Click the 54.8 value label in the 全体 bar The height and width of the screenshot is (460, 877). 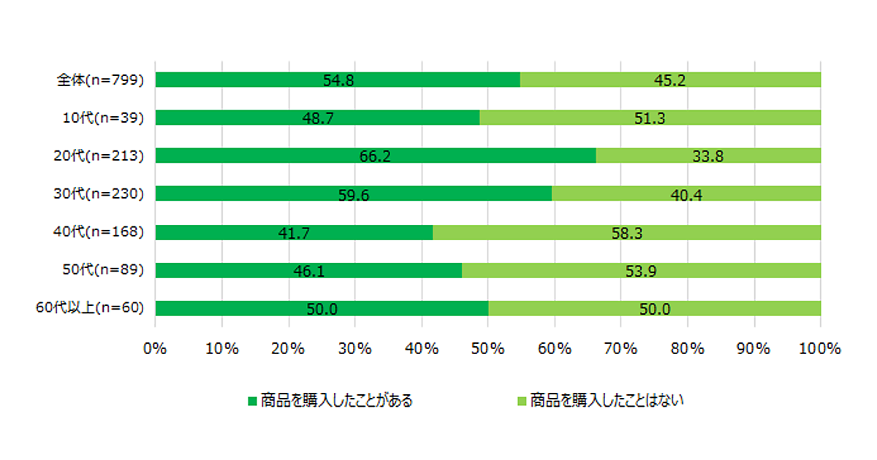(x=338, y=80)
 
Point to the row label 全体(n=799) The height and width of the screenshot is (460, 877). (x=99, y=80)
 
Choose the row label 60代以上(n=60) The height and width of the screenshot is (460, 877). (x=89, y=308)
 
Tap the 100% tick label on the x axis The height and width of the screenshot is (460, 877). (x=820, y=349)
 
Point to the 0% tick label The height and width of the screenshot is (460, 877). (x=156, y=349)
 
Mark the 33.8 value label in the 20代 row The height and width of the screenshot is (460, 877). (x=708, y=156)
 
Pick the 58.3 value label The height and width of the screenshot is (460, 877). (x=626, y=233)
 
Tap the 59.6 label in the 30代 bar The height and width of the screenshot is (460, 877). (x=354, y=195)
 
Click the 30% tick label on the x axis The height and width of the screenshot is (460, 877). (x=355, y=349)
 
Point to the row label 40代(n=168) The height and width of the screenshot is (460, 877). (x=99, y=232)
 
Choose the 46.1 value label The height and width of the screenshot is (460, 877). (x=308, y=271)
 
